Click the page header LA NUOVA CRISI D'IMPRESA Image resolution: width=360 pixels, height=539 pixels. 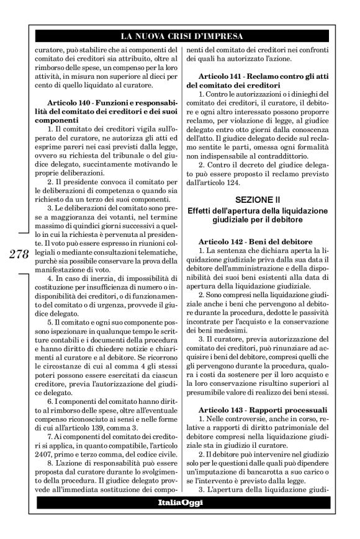coord(180,36)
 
